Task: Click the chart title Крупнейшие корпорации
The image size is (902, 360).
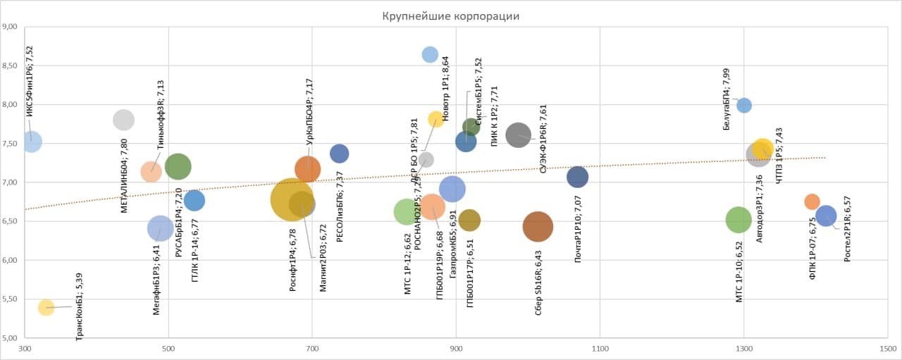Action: pos(451,16)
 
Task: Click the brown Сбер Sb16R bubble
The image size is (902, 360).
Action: pos(538,226)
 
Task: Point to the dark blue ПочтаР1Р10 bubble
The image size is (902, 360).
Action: pos(577,177)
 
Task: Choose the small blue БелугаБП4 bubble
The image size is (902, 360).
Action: pos(743,106)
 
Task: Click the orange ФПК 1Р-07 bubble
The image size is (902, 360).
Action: pos(812,201)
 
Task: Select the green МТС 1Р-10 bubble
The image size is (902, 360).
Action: pos(738,220)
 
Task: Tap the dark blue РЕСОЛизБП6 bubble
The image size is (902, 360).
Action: pos(339,154)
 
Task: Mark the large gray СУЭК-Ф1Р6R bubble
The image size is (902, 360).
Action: pos(519,135)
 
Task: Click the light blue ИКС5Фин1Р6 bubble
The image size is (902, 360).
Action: pos(31,142)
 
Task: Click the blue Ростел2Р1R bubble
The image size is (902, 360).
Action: pos(826,216)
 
